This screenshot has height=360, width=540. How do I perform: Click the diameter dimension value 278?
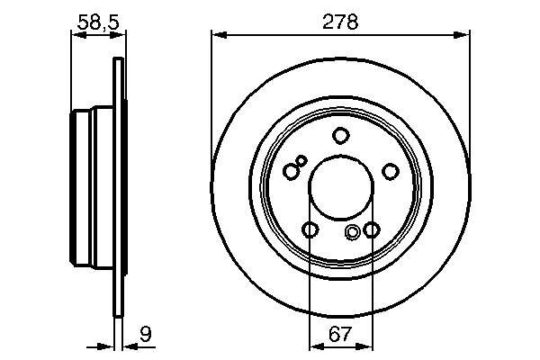coord(340,22)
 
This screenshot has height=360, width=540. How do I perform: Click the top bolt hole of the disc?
coord(340,136)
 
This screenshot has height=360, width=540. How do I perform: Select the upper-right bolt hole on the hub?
coord(390,172)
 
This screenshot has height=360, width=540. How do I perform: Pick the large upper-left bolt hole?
coord(290,171)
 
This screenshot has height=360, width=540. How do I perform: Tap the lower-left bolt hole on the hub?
coord(310,230)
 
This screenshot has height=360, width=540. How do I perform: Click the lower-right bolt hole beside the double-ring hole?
coord(371,230)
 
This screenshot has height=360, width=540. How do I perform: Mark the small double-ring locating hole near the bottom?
coord(353,233)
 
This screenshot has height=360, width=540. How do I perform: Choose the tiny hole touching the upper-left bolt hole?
coord(301,161)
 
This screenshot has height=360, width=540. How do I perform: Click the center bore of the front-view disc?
coord(340,189)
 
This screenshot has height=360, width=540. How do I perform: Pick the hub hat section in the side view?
coord(93,189)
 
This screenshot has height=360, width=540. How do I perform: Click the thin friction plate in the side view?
coord(117,189)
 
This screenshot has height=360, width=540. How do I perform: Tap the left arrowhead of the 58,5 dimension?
coord(76,35)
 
